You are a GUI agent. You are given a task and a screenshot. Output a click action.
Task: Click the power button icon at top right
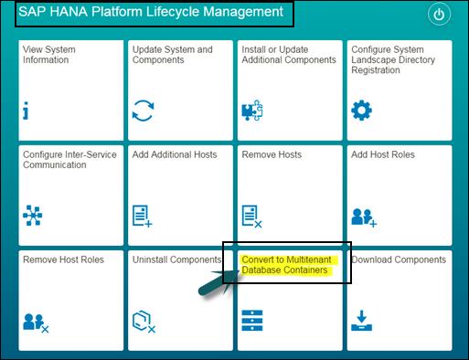click(x=440, y=16)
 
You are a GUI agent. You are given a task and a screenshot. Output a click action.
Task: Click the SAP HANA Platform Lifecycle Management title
click(x=150, y=13)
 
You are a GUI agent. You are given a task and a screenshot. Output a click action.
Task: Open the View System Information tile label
click(x=49, y=54)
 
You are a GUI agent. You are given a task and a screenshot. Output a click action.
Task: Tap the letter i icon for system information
click(x=27, y=111)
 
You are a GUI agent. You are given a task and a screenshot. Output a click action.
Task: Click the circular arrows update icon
click(x=143, y=111)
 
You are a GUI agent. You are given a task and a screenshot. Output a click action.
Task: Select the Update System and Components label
click(x=172, y=54)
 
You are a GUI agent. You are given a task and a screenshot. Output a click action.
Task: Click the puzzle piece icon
click(x=251, y=111)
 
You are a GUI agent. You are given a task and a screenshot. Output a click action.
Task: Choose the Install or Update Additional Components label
click(x=288, y=54)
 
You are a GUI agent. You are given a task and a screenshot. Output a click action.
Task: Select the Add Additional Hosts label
click(x=175, y=154)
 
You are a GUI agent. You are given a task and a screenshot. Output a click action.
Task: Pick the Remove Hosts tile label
click(x=272, y=154)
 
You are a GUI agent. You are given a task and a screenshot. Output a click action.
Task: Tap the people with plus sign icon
click(x=363, y=217)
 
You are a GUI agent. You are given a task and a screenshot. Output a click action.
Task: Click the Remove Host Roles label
click(x=63, y=259)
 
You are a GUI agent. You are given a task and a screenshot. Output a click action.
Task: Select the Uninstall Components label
click(x=177, y=259)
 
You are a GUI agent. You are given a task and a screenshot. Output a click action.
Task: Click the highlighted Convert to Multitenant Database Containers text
click(x=288, y=265)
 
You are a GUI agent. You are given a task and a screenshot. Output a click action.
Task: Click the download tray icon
click(x=361, y=321)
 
